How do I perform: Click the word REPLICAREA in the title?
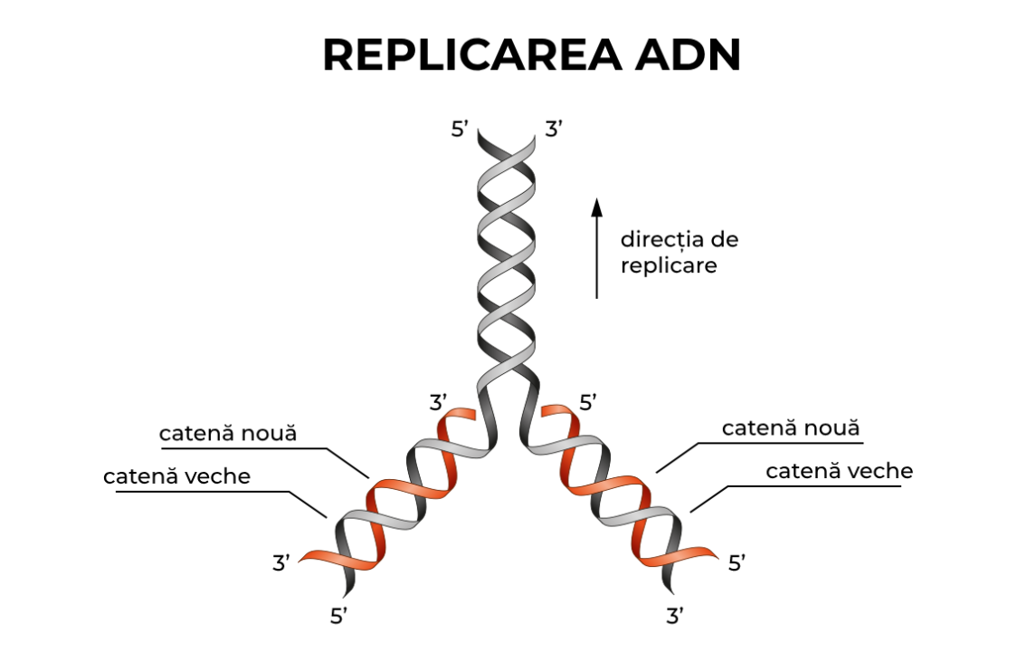471,55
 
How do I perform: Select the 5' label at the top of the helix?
460,130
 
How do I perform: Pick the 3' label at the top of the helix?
554,130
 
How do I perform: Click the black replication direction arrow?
596,248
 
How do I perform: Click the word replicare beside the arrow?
669,266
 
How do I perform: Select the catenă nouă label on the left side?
228,433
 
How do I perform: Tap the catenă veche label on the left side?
176,476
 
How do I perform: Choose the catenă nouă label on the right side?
791,428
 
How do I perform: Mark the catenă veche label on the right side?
840,471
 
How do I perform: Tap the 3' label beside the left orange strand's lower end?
281,562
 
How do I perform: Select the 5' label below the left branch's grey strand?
338,617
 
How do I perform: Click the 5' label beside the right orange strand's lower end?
737,563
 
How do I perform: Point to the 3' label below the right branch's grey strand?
675,617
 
